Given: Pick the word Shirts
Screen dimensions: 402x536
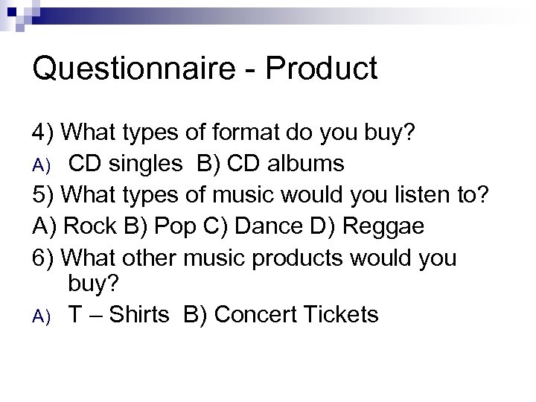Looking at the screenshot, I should point(141,315).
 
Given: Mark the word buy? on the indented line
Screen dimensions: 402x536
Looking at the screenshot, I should point(95,284).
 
